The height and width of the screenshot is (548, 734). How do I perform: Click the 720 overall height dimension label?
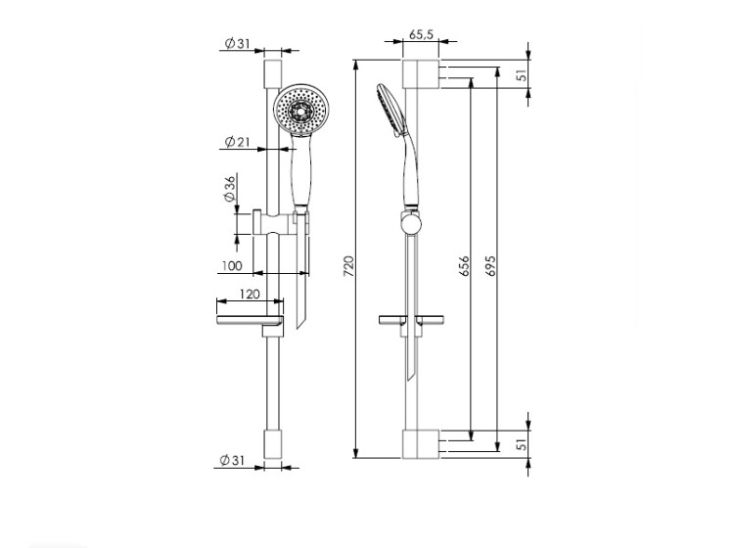(349, 266)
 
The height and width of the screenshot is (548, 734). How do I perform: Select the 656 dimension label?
(464, 266)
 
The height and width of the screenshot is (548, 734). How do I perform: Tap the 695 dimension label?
(489, 266)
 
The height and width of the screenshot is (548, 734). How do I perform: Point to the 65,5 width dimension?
(421, 34)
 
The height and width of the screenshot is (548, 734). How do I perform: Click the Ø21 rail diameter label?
(238, 141)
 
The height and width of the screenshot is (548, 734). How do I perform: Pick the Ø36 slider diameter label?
(230, 189)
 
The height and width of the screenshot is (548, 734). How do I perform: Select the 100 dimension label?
(232, 266)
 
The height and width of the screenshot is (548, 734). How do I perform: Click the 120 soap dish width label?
(250, 295)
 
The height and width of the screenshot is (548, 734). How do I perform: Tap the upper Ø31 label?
(238, 43)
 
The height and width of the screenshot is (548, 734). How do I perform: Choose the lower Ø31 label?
(232, 461)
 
